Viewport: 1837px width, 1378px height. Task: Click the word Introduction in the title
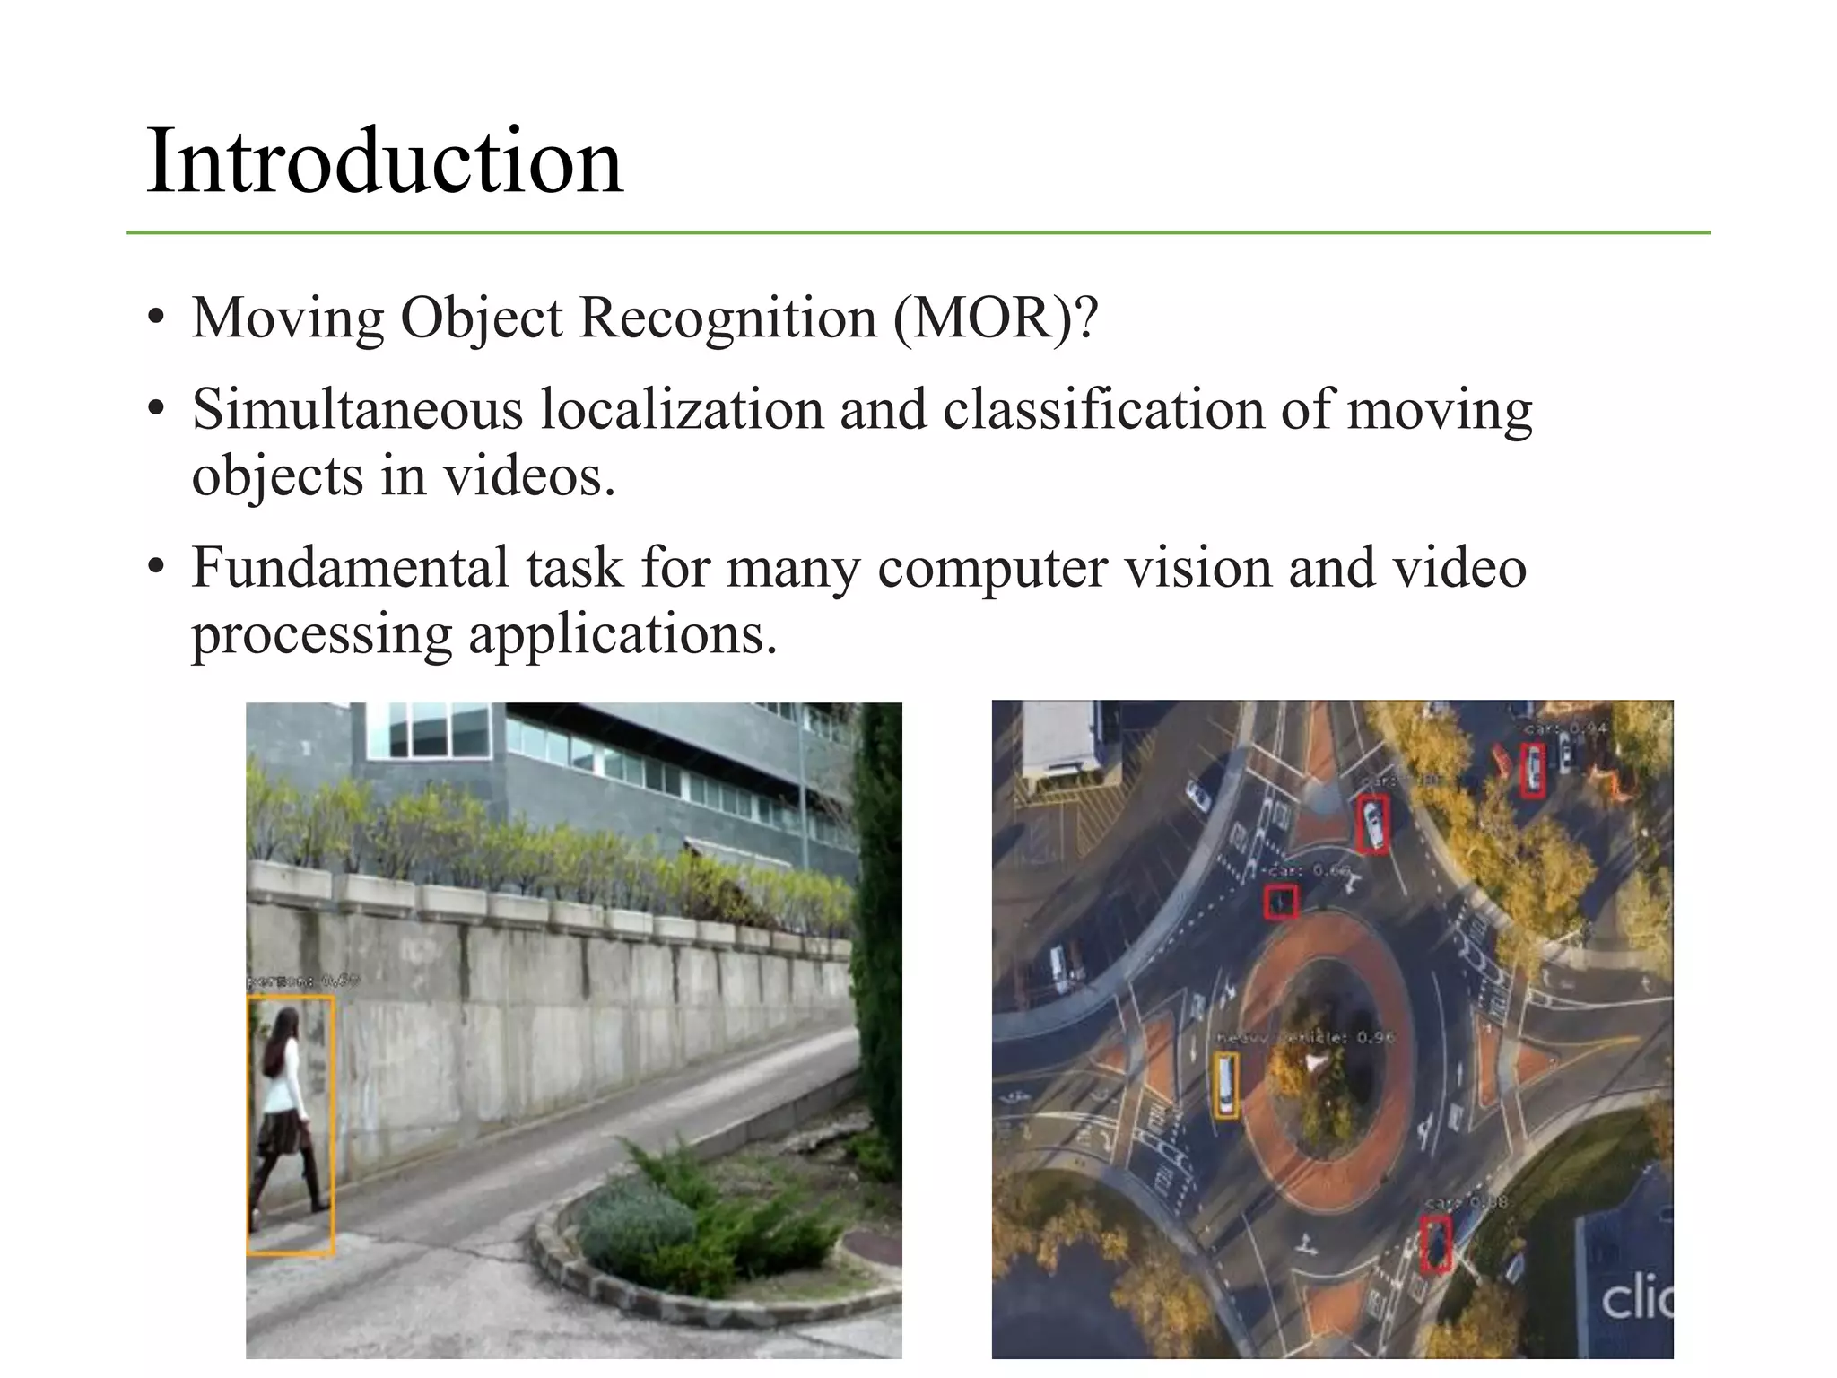point(384,161)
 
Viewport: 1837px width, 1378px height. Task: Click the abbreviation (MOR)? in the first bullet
point(995,318)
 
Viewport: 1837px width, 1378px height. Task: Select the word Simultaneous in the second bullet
point(357,409)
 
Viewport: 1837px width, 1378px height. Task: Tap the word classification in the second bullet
point(1103,409)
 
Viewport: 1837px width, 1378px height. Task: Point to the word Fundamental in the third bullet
point(349,568)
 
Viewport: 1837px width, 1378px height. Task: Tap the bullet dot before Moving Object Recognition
point(157,318)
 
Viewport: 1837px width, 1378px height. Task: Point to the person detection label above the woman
point(301,982)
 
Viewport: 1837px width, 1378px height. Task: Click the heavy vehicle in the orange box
point(1225,1086)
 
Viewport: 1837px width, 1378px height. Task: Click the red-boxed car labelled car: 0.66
point(1282,902)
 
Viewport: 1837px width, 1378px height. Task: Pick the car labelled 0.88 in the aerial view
point(1436,1243)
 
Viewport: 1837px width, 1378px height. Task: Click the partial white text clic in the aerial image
point(1635,1298)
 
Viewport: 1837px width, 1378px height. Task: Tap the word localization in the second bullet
point(682,409)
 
